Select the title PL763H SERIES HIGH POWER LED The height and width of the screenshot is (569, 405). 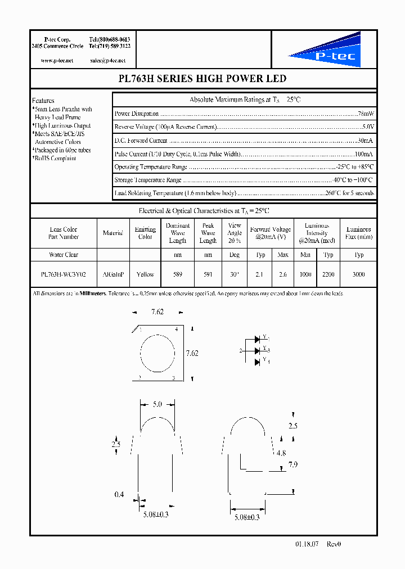pyautogui.click(x=203, y=79)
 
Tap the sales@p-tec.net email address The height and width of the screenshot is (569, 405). pyautogui.click(x=107, y=60)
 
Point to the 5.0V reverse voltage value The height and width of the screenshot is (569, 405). pyautogui.click(x=367, y=127)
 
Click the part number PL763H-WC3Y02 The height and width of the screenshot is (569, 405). pyautogui.click(x=63, y=274)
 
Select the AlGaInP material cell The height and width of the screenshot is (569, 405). pyautogui.click(x=113, y=274)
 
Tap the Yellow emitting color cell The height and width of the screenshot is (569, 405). pyautogui.click(x=145, y=274)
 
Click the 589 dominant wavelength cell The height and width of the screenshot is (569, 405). pyautogui.click(x=178, y=274)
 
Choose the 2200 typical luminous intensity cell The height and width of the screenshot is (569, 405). pyautogui.click(x=329, y=274)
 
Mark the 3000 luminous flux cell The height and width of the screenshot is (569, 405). pyautogui.click(x=359, y=274)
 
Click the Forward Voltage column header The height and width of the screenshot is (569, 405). pyautogui.click(x=271, y=233)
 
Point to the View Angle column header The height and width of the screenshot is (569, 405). pyautogui.click(x=235, y=233)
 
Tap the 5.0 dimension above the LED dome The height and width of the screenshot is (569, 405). pyautogui.click(x=157, y=404)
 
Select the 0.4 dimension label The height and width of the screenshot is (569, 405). pyautogui.click(x=118, y=495)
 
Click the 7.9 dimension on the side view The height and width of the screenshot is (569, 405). pyautogui.click(x=292, y=464)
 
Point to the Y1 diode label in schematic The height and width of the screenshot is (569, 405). pyautogui.click(x=267, y=339)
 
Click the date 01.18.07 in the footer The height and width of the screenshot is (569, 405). pyautogui.click(x=306, y=544)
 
